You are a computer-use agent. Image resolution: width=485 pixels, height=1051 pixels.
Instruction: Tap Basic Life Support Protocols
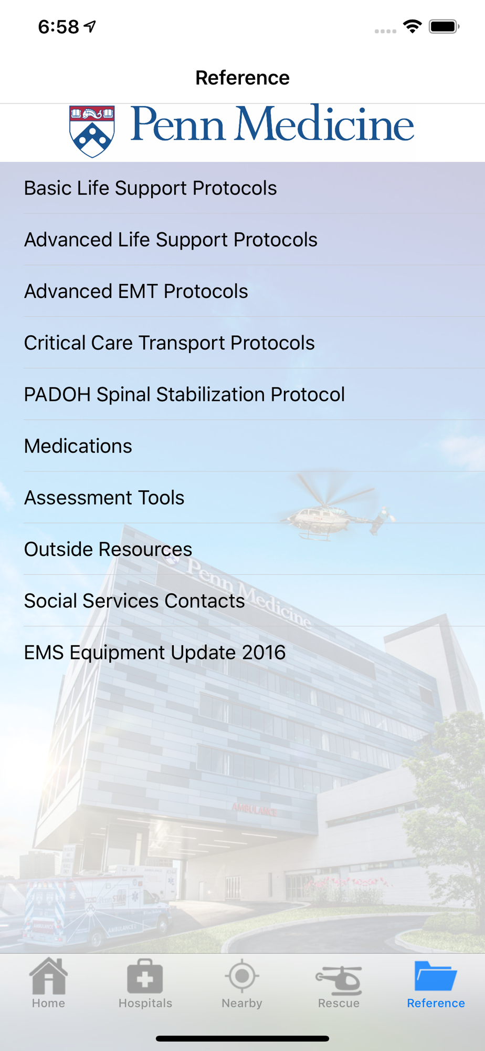click(x=150, y=188)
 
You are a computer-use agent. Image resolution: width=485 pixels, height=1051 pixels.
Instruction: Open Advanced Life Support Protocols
click(x=171, y=240)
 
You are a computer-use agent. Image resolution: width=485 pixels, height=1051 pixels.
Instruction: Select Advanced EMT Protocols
click(x=136, y=291)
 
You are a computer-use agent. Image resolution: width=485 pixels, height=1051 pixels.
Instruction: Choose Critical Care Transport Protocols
click(x=169, y=343)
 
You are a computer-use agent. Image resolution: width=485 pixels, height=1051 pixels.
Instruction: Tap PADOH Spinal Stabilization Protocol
click(x=184, y=394)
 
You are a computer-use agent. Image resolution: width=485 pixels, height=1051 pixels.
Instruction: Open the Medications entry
click(x=78, y=446)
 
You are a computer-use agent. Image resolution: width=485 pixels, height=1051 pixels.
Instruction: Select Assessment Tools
click(x=104, y=498)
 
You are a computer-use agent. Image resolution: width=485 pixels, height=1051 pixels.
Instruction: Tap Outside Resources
click(x=108, y=549)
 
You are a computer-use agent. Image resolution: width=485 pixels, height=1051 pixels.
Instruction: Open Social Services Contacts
click(x=134, y=601)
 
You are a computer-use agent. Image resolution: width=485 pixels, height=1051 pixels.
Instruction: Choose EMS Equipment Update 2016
click(x=155, y=653)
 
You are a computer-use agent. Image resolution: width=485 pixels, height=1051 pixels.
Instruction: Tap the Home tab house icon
click(x=48, y=976)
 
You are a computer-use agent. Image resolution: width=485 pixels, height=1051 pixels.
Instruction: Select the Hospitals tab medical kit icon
click(x=145, y=976)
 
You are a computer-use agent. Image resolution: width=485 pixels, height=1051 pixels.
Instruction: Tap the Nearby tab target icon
click(x=242, y=976)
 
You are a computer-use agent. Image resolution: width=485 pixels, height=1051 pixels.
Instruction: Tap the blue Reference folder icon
click(x=436, y=976)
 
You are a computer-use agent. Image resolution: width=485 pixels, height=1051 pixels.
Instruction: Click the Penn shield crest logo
click(x=92, y=131)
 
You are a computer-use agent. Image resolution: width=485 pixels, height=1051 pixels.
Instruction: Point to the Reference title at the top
click(x=242, y=78)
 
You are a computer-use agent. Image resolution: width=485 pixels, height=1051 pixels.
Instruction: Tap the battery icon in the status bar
click(x=444, y=26)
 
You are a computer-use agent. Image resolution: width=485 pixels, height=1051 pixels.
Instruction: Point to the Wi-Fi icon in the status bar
click(x=413, y=26)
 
